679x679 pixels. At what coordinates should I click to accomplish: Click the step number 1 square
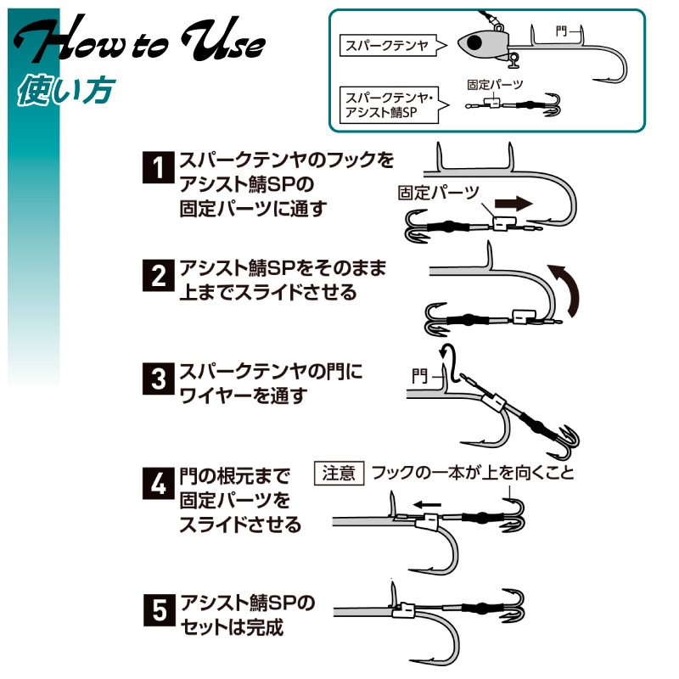coord(159,167)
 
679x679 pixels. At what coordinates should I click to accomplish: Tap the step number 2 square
coord(159,275)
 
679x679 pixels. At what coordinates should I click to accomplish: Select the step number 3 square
coord(159,379)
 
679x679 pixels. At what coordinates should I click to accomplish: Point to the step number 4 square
coord(159,483)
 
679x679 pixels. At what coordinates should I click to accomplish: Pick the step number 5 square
coord(160,610)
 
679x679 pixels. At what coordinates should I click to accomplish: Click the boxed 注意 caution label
coord(339,473)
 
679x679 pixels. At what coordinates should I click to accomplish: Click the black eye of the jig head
coord(474,42)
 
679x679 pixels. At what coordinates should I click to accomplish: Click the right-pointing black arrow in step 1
coord(513,204)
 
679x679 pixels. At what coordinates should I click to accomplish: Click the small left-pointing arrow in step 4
coord(427,504)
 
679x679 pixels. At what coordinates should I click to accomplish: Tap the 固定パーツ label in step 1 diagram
coord(439,193)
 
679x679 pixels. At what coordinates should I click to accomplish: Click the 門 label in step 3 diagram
coord(419,376)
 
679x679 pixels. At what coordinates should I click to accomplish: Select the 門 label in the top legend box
coord(561,31)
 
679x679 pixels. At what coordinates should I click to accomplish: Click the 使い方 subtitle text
coord(66,91)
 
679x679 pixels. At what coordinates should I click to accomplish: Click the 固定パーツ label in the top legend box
coord(495,84)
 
